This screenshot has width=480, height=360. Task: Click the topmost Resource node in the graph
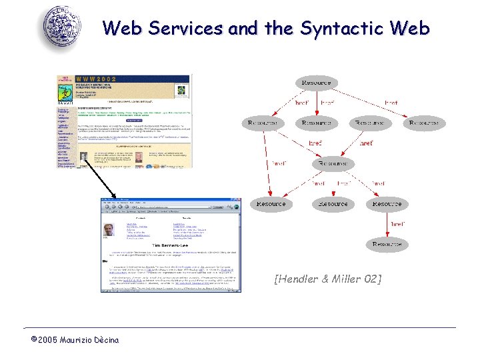[x=316, y=83]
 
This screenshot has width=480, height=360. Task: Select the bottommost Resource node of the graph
[x=387, y=245]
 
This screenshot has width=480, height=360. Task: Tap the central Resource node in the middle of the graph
[x=333, y=163]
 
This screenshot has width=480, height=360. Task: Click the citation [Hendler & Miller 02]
[x=328, y=279]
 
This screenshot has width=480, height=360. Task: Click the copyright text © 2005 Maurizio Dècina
[x=75, y=340]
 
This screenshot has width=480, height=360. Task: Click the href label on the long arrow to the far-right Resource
[x=391, y=103]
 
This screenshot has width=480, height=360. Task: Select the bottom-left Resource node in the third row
[x=271, y=204]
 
